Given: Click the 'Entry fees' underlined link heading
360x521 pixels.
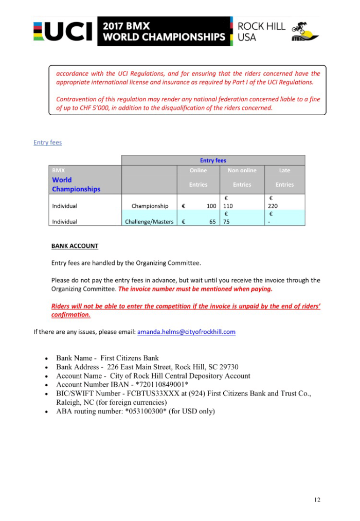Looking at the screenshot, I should (47, 142).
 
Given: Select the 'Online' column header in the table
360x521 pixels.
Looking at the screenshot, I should (198, 171).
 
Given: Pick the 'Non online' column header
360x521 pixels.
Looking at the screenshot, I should (242, 171).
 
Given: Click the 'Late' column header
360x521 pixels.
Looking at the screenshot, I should (284, 171).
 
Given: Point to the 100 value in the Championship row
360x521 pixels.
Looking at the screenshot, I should (211, 206).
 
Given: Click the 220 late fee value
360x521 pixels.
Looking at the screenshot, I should (273, 206).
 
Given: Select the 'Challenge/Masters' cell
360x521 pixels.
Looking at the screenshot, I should (149, 222).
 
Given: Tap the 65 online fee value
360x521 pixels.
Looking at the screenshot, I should (212, 222).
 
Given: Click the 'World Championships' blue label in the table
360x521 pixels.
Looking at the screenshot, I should (76, 185).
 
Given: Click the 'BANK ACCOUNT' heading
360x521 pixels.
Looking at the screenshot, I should (75, 246).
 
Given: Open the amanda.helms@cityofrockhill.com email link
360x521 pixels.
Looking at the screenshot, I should (186, 332).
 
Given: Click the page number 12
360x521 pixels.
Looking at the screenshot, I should (317, 499).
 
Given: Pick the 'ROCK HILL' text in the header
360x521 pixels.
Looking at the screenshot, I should (261, 26).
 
